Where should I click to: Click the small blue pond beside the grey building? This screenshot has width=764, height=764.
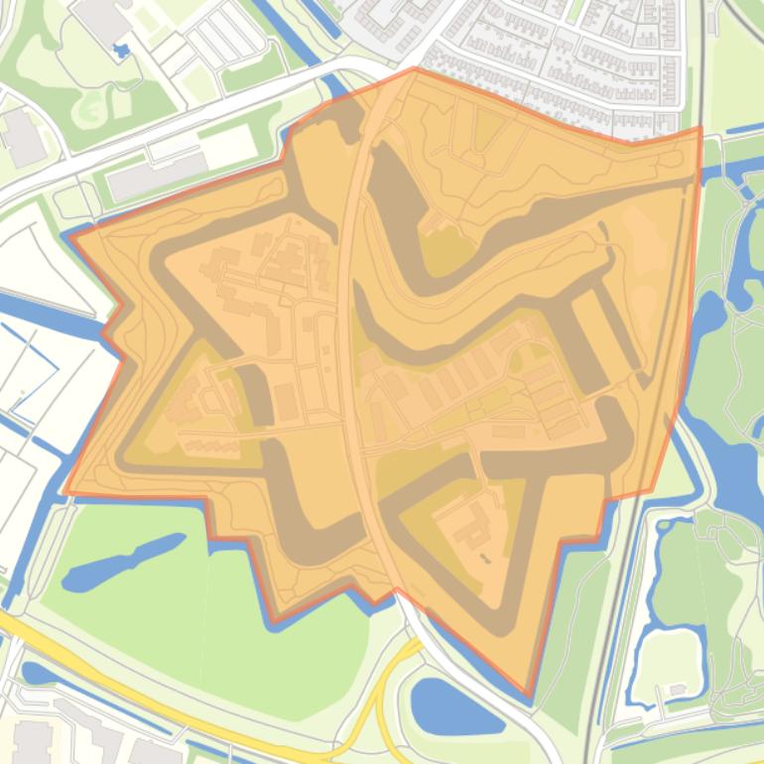(x=122, y=50)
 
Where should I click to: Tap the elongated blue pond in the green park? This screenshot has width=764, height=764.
(x=124, y=562)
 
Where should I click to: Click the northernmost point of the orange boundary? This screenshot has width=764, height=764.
(x=415, y=68)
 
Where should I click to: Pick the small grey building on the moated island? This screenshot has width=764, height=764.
(x=678, y=689)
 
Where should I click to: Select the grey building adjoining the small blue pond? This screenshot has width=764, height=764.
(x=99, y=20)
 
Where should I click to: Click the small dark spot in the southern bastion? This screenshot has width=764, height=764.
(x=483, y=558)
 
